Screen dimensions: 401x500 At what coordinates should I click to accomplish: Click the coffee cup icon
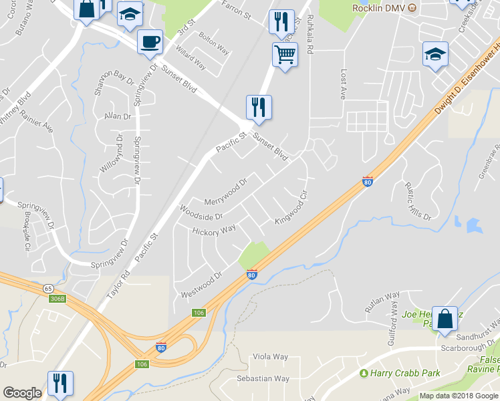[150, 41]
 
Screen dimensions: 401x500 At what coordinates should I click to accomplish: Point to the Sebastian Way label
[263, 378]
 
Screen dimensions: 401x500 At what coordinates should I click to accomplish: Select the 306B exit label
[58, 299]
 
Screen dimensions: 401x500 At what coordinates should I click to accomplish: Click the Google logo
[22, 393]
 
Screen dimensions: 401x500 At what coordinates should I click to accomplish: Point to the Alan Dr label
[118, 116]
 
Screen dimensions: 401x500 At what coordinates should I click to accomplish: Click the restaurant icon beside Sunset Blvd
[259, 107]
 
